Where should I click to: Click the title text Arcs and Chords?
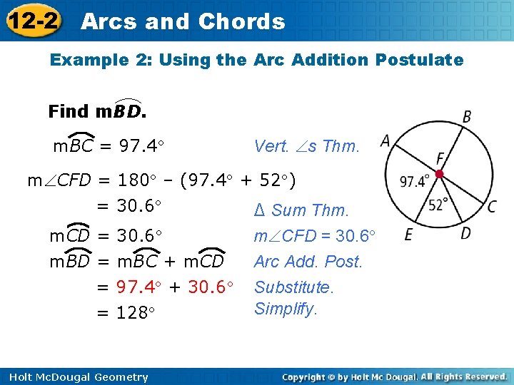point(183,21)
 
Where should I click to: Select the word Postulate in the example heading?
point(425,60)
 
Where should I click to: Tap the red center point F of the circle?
point(440,174)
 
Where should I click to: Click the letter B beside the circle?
point(467,116)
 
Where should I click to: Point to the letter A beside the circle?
point(385,142)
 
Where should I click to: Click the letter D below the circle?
point(465,233)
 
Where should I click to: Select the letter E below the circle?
point(408,234)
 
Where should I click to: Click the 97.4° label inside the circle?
point(415,182)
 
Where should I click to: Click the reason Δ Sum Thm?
point(301,210)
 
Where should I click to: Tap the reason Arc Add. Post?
point(308,262)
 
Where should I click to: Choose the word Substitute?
point(293,287)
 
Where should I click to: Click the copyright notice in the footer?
point(394,376)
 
